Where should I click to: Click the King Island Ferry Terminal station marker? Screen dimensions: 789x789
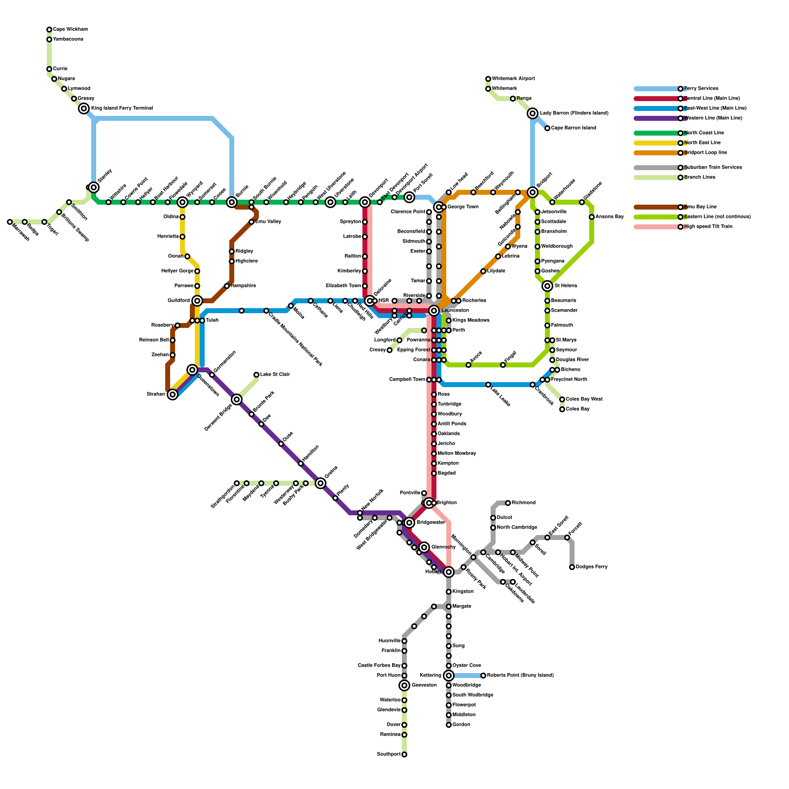84,108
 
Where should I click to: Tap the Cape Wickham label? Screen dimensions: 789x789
70,30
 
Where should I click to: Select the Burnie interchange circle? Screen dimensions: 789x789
232,202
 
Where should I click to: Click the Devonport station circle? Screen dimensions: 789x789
365,202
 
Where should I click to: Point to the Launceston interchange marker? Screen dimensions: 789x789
434,311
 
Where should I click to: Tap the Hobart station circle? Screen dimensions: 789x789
449,572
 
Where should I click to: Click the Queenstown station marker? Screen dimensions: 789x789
192,370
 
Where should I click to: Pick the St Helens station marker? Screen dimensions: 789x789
547,286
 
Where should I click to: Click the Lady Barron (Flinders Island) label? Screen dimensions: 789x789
574,113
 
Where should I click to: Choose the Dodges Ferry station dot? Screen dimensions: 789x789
572,567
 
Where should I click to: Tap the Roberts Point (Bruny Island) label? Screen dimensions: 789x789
520,676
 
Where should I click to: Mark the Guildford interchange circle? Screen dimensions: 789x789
197,301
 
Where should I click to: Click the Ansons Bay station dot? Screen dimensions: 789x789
592,217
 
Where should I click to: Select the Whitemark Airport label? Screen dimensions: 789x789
513,79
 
